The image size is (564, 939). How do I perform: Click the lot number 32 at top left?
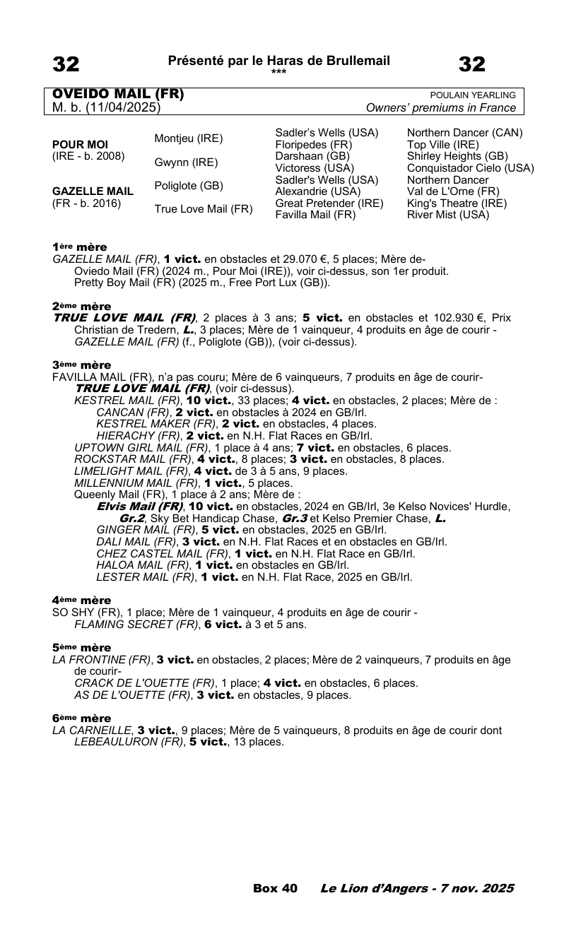click(66, 65)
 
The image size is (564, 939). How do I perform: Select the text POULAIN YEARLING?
click(473, 95)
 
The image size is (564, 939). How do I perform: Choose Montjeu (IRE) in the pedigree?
click(189, 138)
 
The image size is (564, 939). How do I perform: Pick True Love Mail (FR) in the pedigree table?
click(204, 209)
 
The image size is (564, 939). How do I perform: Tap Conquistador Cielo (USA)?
click(471, 168)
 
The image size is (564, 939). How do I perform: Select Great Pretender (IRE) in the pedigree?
click(329, 203)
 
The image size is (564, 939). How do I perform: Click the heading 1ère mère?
click(79, 247)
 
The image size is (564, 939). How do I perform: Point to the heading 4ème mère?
click(81, 601)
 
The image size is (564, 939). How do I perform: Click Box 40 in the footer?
click(275, 889)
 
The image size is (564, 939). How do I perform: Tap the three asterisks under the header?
click(278, 71)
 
